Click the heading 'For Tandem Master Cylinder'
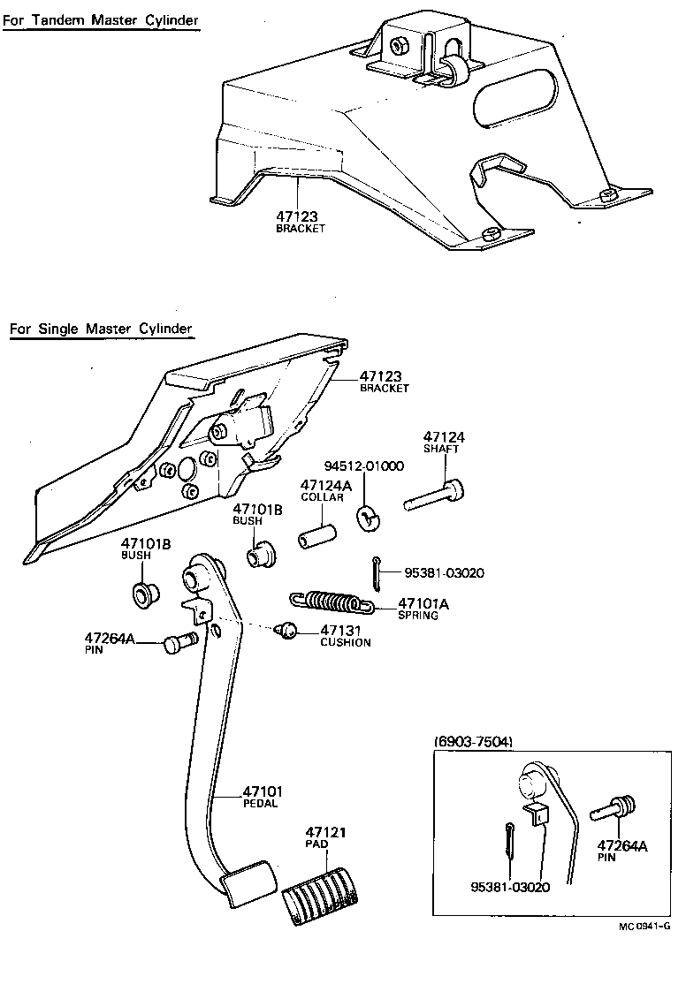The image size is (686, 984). [x=100, y=19]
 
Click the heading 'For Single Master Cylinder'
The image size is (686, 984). [x=101, y=329]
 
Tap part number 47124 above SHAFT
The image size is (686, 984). [x=444, y=437]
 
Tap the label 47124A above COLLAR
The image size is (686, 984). [x=326, y=486]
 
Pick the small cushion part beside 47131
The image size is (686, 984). [x=286, y=630]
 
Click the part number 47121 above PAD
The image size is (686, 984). [x=325, y=832]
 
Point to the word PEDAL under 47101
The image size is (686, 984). [x=261, y=803]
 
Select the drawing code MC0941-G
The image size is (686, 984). [x=644, y=927]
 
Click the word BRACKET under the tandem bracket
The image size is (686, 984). [x=301, y=228]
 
